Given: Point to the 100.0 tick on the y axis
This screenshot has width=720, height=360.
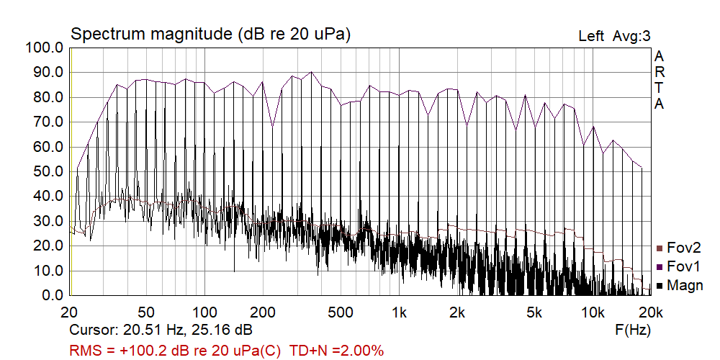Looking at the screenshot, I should [x=45, y=48].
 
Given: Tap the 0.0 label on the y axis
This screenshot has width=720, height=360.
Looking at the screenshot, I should [x=51, y=296].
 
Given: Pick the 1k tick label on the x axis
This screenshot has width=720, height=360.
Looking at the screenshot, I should [x=399, y=312].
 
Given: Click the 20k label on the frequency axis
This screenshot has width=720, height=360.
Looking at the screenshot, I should [x=650, y=312].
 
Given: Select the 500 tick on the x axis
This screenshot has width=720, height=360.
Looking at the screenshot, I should [x=341, y=312].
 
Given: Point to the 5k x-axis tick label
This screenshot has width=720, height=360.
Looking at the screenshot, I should [x=534, y=312].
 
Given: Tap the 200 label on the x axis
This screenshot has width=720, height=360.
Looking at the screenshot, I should [x=263, y=312].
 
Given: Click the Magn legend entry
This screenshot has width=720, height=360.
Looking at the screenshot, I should [x=684, y=285].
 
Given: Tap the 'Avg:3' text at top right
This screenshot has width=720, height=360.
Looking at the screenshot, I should [x=631, y=36].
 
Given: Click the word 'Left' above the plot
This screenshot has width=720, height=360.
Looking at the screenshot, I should [x=591, y=36].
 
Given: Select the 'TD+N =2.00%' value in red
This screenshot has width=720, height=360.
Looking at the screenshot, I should [x=336, y=351].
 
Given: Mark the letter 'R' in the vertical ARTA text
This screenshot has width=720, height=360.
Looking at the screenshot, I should [x=660, y=72].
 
